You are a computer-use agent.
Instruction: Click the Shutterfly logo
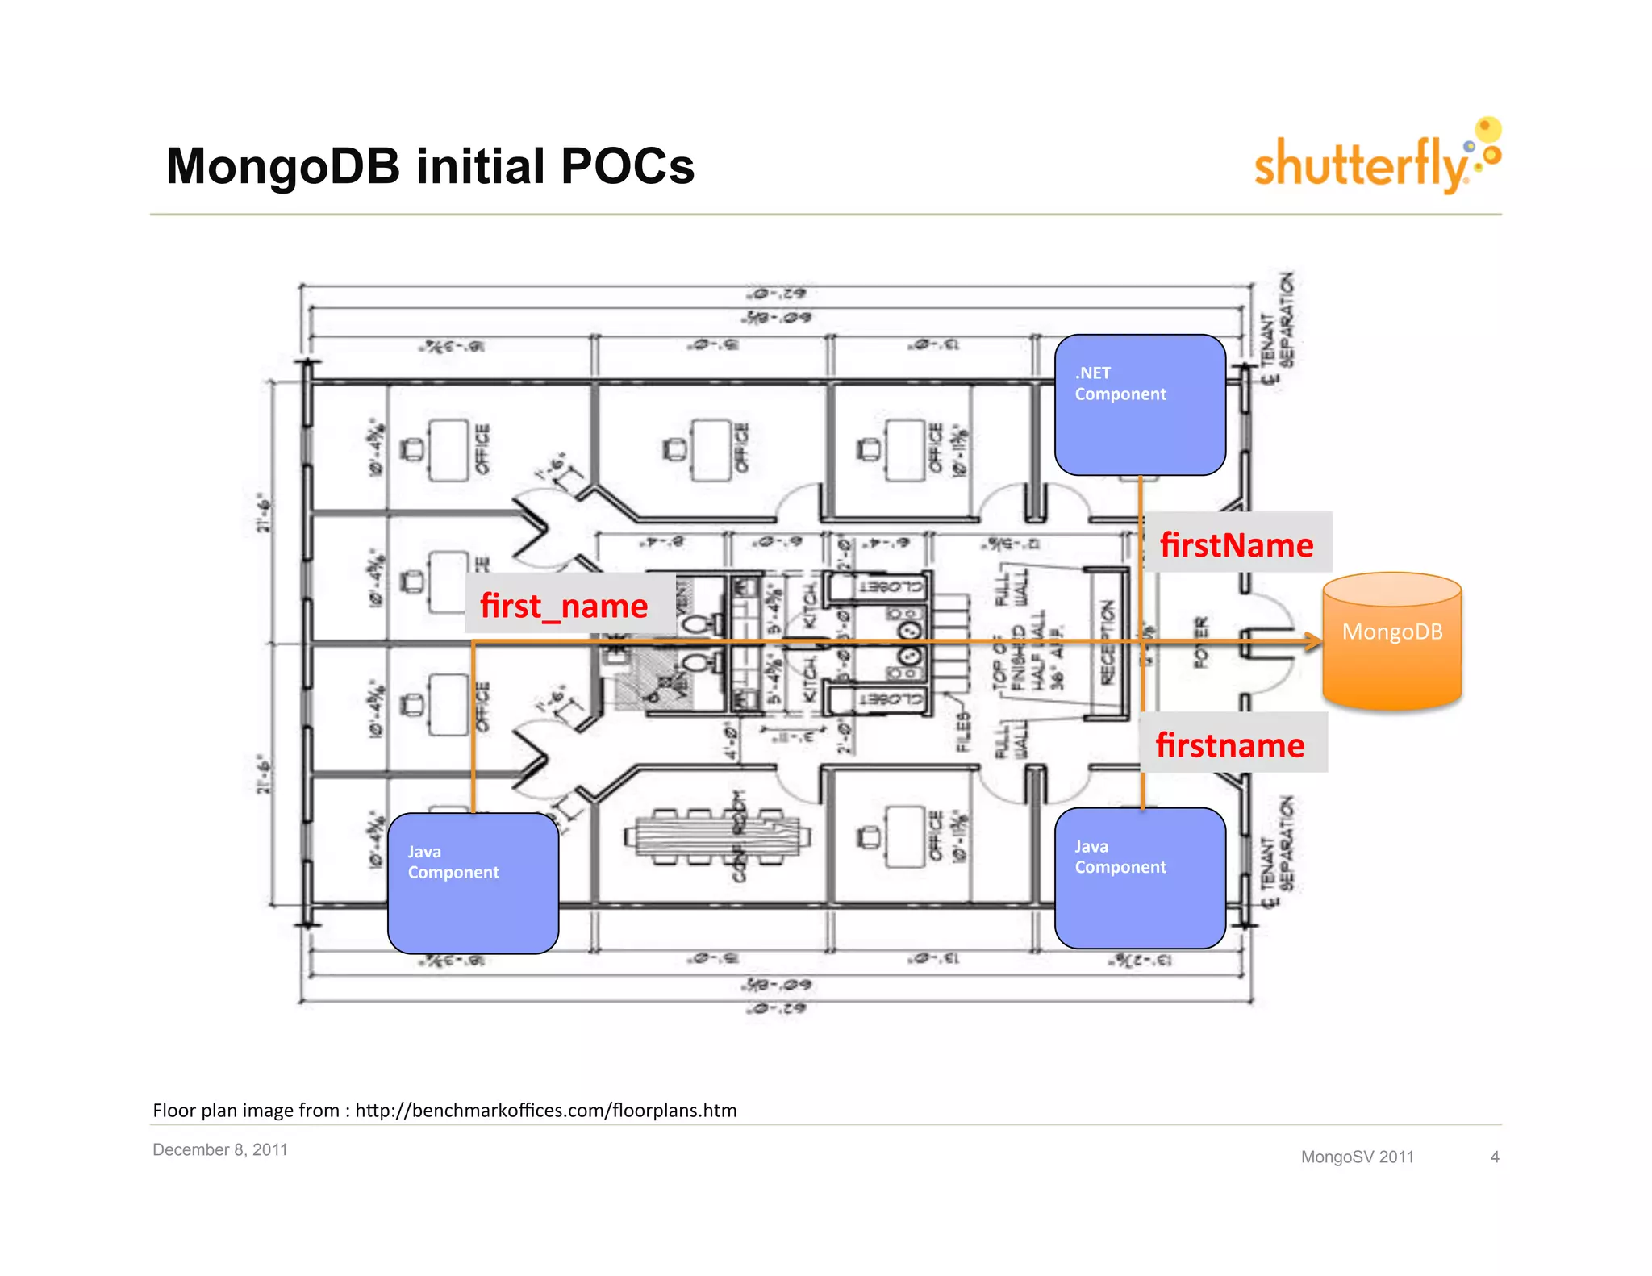[x=1375, y=159]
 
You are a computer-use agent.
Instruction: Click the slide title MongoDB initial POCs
[x=430, y=166]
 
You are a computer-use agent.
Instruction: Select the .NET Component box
[x=1140, y=405]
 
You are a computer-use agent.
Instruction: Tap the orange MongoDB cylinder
[x=1391, y=641]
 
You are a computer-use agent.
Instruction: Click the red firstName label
[x=1237, y=544]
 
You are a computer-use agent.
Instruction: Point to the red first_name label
[x=565, y=605]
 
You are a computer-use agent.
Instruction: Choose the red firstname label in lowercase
[x=1230, y=744]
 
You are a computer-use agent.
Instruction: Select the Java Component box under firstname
[x=1140, y=878]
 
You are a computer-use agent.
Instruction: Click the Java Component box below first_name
[x=473, y=882]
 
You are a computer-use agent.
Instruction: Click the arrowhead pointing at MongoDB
[x=1313, y=642]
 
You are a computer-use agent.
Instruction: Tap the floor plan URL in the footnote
[x=545, y=1111]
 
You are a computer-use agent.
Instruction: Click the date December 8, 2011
[x=220, y=1149]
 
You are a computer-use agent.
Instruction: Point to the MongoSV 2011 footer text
[x=1357, y=1157]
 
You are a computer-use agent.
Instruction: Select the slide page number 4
[x=1495, y=1157]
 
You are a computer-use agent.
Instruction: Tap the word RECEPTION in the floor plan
[x=1108, y=641]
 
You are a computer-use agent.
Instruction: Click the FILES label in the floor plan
[x=963, y=731]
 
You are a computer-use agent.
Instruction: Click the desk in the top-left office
[x=448, y=450]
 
